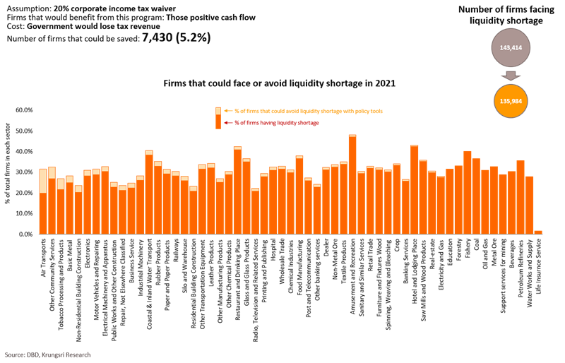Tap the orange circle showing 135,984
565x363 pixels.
coord(506,100)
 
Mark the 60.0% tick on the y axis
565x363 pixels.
coord(25,110)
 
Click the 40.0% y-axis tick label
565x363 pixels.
coord(25,151)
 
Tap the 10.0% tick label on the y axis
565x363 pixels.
coord(25,213)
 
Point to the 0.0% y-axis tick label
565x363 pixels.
coord(26,233)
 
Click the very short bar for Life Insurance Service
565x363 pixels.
coord(538,231)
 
